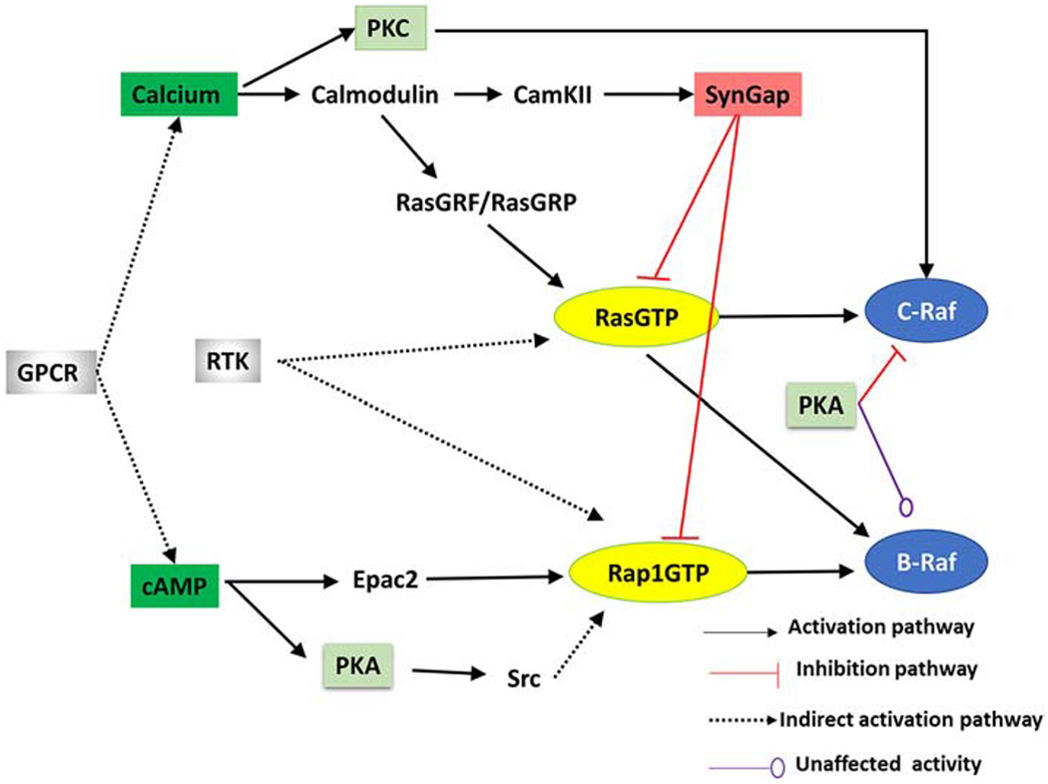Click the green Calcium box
pyautogui.click(x=178, y=96)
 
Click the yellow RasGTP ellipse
pyautogui.click(x=635, y=317)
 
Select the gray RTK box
pyautogui.click(x=229, y=361)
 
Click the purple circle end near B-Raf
pyautogui.click(x=906, y=506)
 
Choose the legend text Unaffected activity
pyautogui.click(x=889, y=765)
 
